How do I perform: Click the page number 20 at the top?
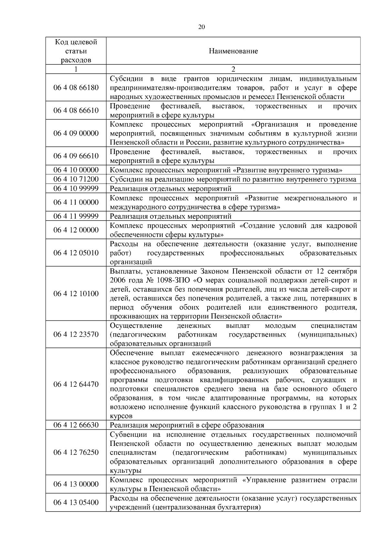(201, 27)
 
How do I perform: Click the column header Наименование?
(233, 51)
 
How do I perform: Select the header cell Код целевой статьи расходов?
(76, 51)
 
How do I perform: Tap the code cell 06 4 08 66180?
(76, 88)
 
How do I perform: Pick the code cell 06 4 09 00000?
(76, 133)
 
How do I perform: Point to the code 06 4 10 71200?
(76, 179)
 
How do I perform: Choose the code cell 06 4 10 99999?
(76, 188)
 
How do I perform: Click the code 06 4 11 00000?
(76, 202)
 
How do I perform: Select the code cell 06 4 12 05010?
(76, 253)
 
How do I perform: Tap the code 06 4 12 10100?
(76, 294)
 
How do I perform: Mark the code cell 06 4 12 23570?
(76, 334)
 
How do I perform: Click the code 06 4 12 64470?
(76, 384)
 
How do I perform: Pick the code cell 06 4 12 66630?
(76, 425)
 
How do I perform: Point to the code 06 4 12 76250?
(76, 452)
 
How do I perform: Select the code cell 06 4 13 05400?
(76, 502)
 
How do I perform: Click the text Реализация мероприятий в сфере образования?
(187, 425)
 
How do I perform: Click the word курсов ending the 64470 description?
(121, 416)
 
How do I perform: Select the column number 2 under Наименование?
(233, 69)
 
